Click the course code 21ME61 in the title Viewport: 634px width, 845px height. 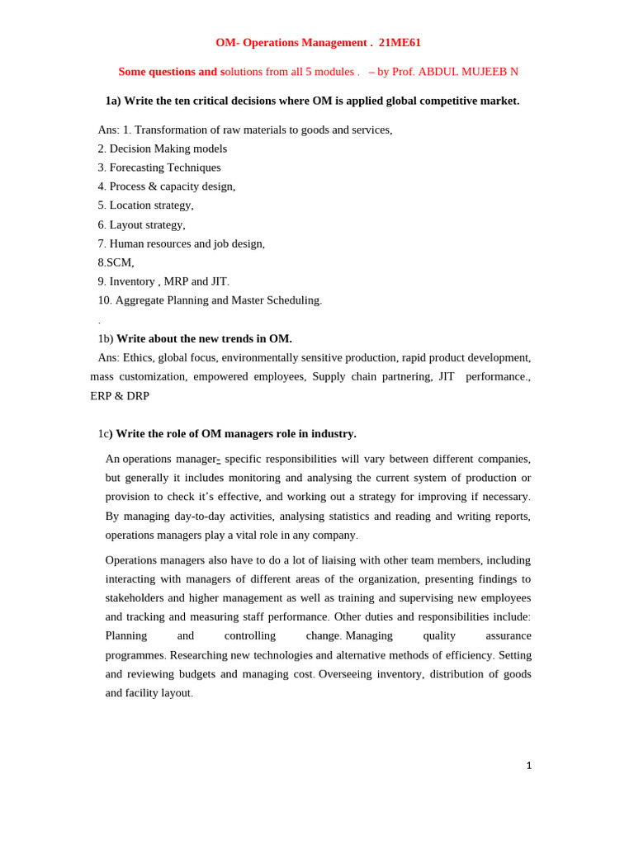click(x=400, y=42)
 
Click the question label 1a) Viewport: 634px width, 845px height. click(x=113, y=101)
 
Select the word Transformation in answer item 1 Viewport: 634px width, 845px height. click(x=170, y=130)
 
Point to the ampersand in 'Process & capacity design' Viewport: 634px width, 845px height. click(x=153, y=186)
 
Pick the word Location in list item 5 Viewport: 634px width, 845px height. click(x=130, y=205)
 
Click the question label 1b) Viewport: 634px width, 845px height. click(x=106, y=338)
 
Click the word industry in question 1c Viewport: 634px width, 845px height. click(x=333, y=434)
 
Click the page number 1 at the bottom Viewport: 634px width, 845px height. click(x=528, y=766)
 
